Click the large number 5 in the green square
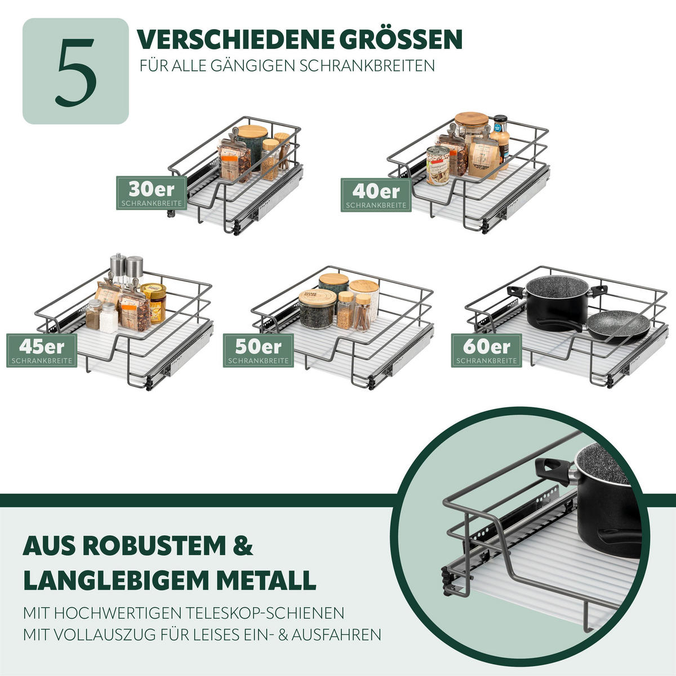[x=75, y=72]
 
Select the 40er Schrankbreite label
[x=376, y=195]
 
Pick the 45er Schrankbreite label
[x=42, y=350]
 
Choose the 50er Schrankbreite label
[x=259, y=350]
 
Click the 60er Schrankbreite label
[x=486, y=350]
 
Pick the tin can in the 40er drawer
[x=437, y=165]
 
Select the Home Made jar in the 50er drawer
[x=317, y=308]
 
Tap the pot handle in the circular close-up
[x=551, y=469]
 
